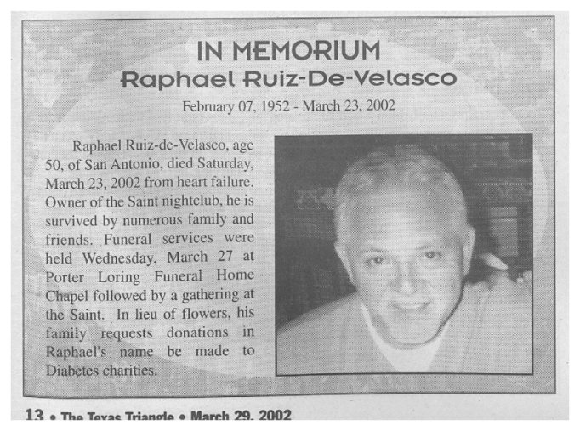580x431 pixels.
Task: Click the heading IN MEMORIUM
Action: point(288,51)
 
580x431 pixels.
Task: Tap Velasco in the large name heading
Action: point(404,80)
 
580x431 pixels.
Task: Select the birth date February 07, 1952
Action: point(233,107)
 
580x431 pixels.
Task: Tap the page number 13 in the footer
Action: point(34,417)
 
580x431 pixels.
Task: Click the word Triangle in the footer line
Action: point(152,417)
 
